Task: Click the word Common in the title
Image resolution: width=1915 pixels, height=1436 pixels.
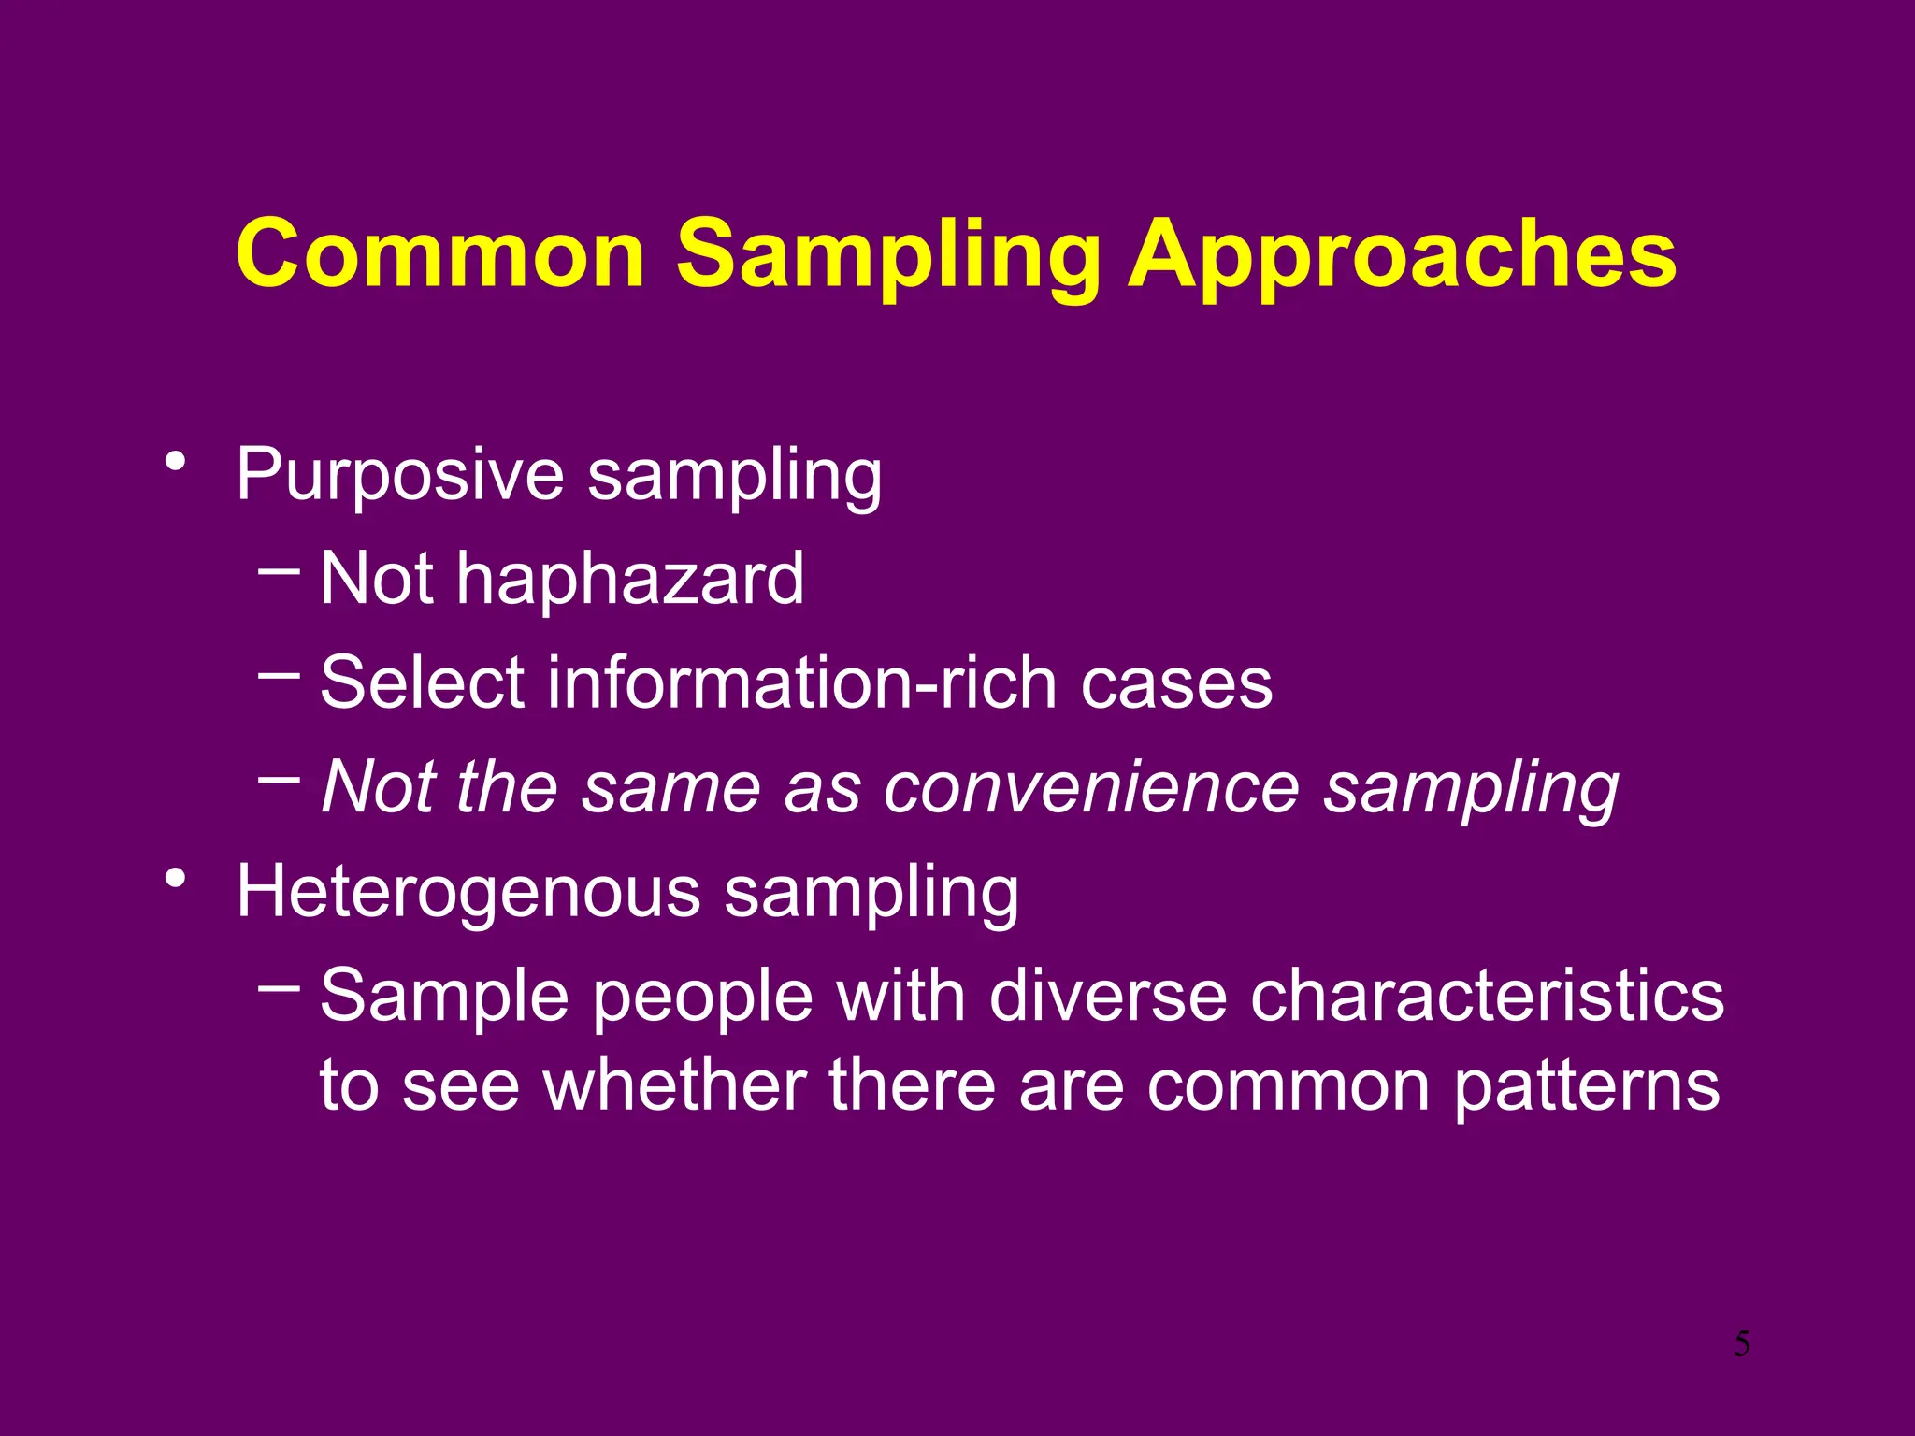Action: (x=439, y=254)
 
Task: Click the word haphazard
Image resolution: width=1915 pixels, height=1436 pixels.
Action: (x=629, y=579)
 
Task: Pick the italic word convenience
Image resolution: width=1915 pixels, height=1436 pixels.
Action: (x=1091, y=787)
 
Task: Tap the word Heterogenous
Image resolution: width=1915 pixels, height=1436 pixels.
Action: (x=468, y=892)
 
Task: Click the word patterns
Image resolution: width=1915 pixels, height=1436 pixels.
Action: (x=1587, y=1087)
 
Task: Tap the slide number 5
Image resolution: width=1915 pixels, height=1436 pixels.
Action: (x=1742, y=1344)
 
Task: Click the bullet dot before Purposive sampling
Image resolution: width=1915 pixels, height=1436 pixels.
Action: (x=175, y=461)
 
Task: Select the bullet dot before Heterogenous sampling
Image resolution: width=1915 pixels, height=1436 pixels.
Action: (x=175, y=878)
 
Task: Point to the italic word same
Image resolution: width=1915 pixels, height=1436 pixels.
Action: (x=670, y=787)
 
